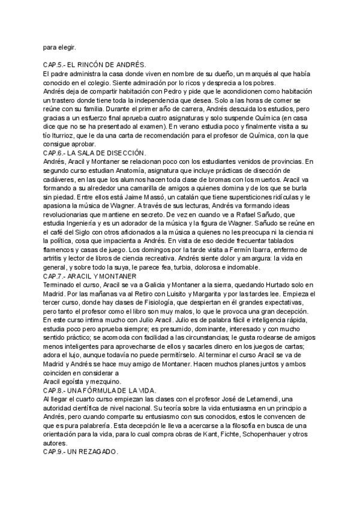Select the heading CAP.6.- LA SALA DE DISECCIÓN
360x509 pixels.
click(x=95, y=153)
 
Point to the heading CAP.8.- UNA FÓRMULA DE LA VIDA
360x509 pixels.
click(x=100, y=390)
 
